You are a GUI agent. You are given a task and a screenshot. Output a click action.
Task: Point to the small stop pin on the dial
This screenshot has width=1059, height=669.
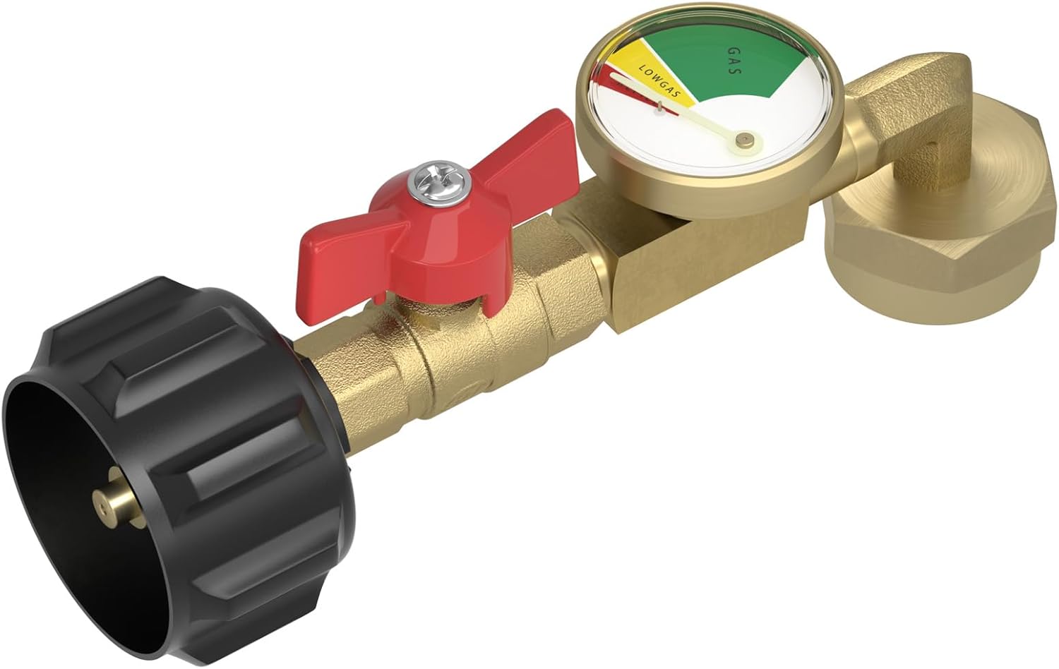659,107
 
